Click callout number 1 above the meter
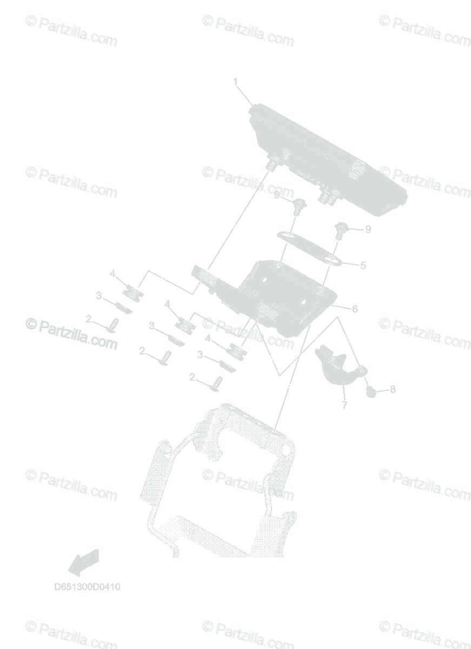(x=235, y=82)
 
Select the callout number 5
(x=363, y=266)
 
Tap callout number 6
(x=355, y=309)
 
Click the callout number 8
(x=393, y=389)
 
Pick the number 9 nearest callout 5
(x=368, y=229)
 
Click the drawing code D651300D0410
(x=87, y=587)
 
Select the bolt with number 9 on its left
(x=298, y=206)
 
